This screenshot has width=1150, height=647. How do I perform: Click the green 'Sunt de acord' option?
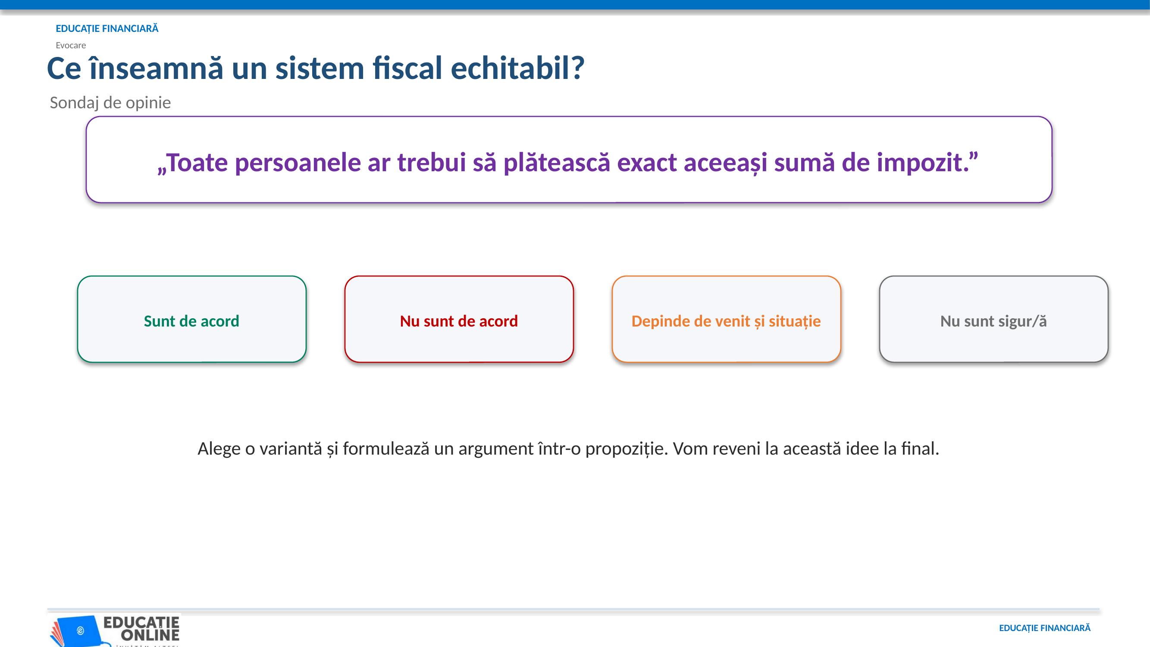(191, 319)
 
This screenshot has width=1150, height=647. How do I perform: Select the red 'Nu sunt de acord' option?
(459, 319)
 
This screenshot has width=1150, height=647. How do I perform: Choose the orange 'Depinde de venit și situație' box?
(726, 319)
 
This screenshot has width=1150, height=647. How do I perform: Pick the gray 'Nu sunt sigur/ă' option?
(994, 319)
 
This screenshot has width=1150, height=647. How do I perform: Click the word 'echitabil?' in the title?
(517, 68)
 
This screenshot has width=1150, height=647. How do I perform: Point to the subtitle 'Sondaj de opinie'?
(110, 103)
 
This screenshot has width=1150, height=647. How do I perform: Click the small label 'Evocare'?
(71, 45)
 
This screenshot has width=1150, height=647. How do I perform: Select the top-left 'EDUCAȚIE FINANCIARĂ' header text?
(107, 28)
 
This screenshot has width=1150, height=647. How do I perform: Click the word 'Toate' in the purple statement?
(192, 162)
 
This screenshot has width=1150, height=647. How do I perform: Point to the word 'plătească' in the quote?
(556, 162)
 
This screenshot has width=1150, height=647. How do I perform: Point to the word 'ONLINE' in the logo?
(150, 634)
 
